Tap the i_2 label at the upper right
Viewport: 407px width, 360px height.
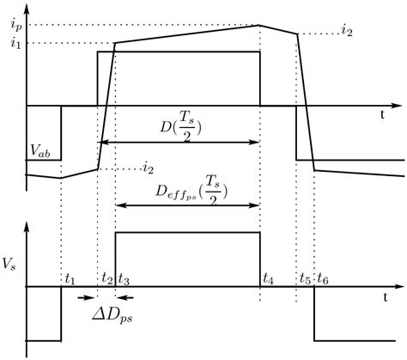[347, 32]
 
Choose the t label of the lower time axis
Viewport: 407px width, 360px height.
[385, 295]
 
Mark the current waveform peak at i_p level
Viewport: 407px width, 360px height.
[260, 25]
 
